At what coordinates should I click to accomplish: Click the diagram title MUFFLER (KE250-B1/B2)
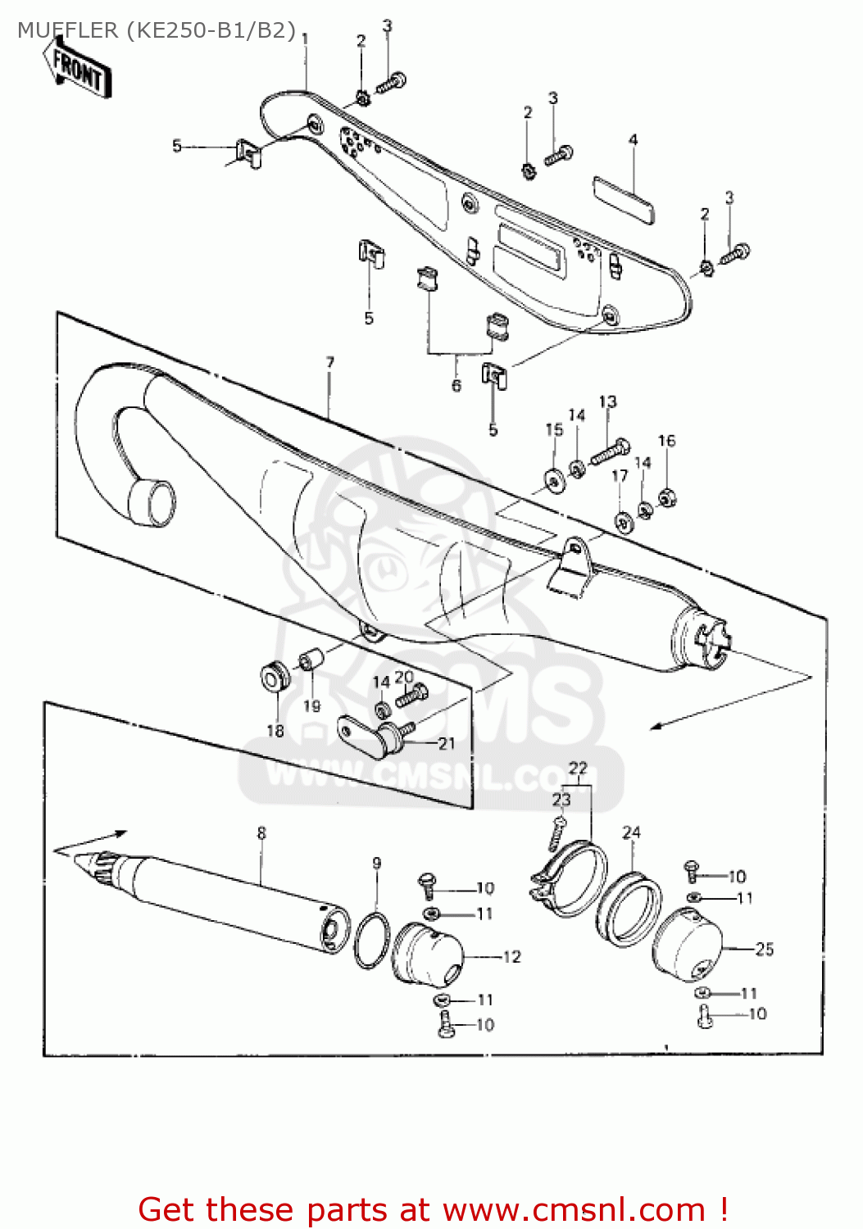pyautogui.click(x=156, y=31)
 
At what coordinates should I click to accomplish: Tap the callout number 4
pyautogui.click(x=633, y=140)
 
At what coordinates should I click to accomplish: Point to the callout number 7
pyautogui.click(x=329, y=362)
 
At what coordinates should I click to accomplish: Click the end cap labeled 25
pyautogui.click(x=688, y=947)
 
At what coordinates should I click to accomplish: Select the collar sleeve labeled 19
pyautogui.click(x=309, y=660)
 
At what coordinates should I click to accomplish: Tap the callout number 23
pyautogui.click(x=561, y=799)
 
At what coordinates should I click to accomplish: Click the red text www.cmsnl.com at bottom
pyautogui.click(x=574, y=1210)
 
